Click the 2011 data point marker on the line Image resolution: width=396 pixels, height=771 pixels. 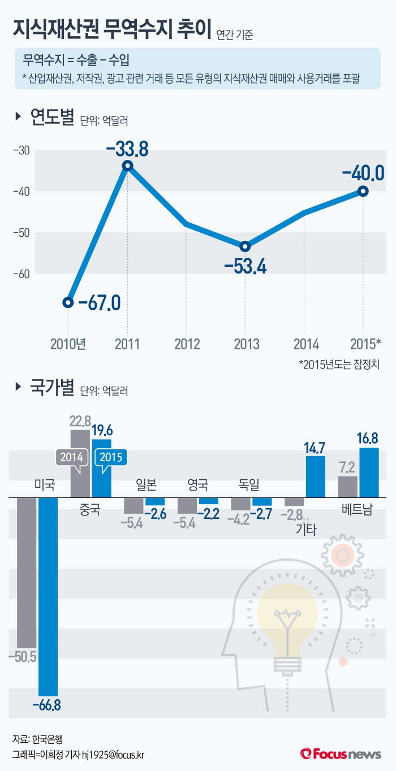click(128, 166)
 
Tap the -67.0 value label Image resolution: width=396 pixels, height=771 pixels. click(99, 303)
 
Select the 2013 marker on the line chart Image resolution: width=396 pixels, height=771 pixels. click(245, 246)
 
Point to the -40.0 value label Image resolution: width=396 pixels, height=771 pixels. click(363, 171)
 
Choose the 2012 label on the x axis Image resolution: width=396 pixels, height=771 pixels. click(187, 343)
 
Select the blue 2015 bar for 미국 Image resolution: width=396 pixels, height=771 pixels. click(48, 596)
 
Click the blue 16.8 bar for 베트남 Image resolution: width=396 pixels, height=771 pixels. click(369, 473)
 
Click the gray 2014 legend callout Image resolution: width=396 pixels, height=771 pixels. click(71, 457)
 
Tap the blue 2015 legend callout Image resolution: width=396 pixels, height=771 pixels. click(110, 457)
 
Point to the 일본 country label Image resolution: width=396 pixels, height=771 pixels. click(146, 484)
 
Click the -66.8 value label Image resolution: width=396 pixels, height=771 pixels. click(46, 705)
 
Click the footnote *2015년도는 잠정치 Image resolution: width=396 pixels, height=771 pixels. click(339, 365)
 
